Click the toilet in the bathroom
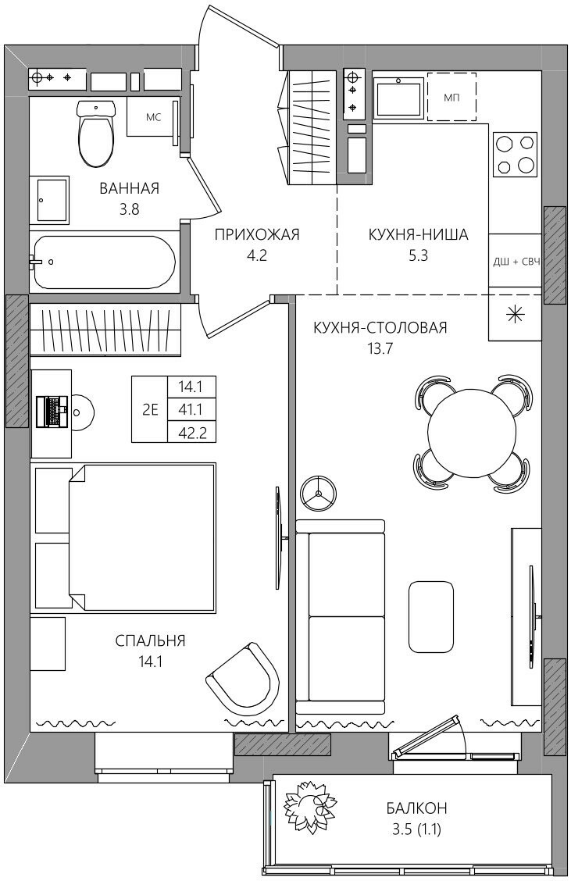click(97, 133)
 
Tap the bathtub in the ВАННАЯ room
click(105, 262)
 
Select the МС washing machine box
click(153, 117)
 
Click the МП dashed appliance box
click(451, 97)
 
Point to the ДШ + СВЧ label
click(516, 262)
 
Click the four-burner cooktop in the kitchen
click(515, 153)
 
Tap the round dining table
click(471, 431)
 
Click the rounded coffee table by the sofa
click(431, 616)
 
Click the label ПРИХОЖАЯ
click(257, 234)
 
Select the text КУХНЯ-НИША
click(418, 234)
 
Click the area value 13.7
click(380, 348)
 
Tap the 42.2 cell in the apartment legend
click(191, 432)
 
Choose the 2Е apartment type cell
click(150, 409)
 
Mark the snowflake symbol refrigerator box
click(514, 315)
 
